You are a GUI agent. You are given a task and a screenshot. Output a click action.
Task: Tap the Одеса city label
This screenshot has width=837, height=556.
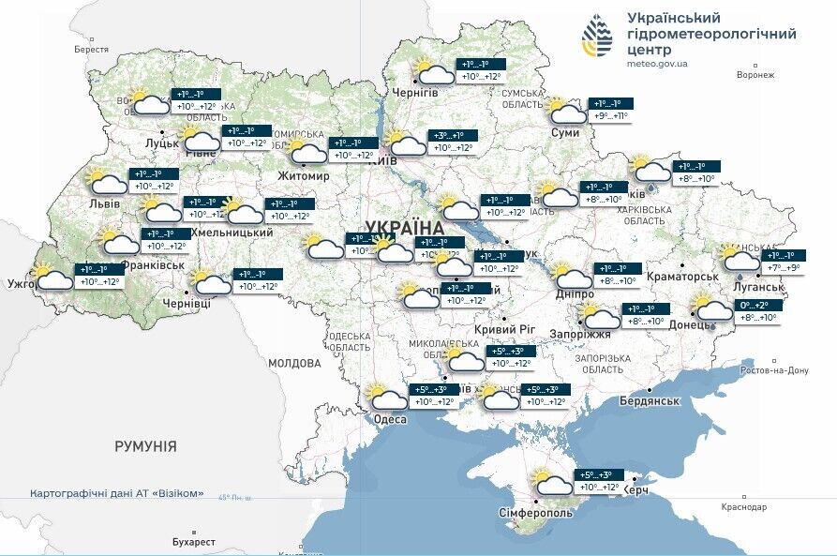tap(390, 419)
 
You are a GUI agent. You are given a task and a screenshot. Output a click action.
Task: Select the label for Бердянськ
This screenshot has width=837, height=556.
tap(649, 400)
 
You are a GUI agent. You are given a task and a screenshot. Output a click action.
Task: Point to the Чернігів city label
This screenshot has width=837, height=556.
tap(413, 94)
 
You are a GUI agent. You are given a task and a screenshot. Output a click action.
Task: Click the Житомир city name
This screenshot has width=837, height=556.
tap(304, 175)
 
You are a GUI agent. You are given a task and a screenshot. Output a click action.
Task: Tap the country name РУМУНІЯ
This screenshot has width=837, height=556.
tap(145, 446)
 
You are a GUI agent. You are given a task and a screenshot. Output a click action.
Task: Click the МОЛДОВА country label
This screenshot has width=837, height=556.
tap(294, 363)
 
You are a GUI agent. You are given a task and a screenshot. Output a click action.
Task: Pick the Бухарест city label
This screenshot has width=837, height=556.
tap(194, 542)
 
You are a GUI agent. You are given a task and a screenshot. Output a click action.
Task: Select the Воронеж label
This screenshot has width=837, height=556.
tap(755, 74)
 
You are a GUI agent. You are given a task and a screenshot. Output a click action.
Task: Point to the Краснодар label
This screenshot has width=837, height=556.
tap(744, 507)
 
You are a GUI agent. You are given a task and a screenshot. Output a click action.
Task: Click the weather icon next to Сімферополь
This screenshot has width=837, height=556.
tap(553, 483)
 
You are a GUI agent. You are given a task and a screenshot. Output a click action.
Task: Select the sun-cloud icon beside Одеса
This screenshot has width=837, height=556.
tap(387, 398)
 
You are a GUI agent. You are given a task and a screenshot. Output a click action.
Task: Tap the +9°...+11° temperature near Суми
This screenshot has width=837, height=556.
tap(609, 116)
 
